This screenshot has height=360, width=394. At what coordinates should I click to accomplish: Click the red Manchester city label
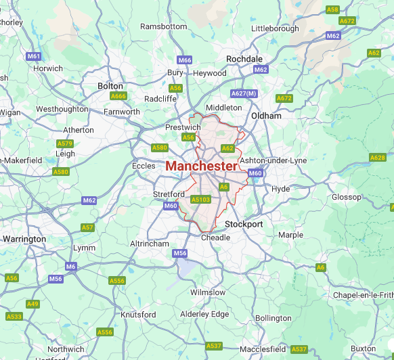pyautogui.click(x=201, y=166)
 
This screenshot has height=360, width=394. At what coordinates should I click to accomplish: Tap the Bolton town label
pyautogui.click(x=110, y=86)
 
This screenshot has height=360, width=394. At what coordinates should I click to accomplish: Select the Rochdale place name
pyautogui.click(x=244, y=59)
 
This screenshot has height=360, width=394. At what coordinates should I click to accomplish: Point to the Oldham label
pyautogui.click(x=266, y=116)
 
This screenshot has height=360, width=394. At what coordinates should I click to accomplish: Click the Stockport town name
pyautogui.click(x=244, y=224)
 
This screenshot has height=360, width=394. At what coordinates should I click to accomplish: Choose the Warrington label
pyautogui.click(x=24, y=239)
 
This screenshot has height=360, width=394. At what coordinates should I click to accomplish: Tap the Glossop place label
pyautogui.click(x=346, y=197)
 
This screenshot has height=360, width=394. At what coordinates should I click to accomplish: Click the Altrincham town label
pyautogui.click(x=149, y=243)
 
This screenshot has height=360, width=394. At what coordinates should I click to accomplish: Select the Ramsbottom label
pyautogui.click(x=163, y=26)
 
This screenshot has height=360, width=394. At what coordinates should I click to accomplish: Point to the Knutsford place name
pyautogui.click(x=138, y=315)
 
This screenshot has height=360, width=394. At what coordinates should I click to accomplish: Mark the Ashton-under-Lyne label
pyautogui.click(x=273, y=160)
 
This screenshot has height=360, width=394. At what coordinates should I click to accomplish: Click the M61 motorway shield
pyautogui.click(x=34, y=56)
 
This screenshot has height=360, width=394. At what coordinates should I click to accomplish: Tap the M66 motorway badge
pyautogui.click(x=185, y=60)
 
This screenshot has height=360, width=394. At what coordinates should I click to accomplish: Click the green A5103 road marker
pyautogui.click(x=201, y=200)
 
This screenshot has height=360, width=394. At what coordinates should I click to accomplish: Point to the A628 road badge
pyautogui.click(x=377, y=158)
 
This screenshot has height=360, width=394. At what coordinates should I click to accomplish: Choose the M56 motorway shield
pyautogui.click(x=179, y=253)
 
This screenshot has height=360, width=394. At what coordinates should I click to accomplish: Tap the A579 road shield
pyautogui.click(x=65, y=143)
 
